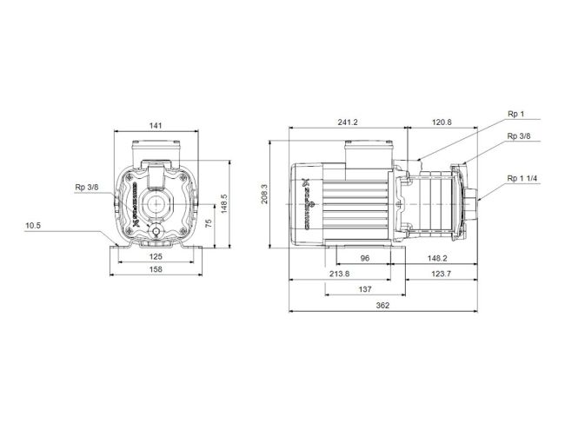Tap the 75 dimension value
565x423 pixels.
pyautogui.click(x=207, y=223)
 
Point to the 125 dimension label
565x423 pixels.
pyautogui.click(x=156, y=257)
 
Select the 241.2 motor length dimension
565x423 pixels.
pyautogui.click(x=347, y=123)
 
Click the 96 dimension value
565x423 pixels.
pyautogui.click(x=366, y=258)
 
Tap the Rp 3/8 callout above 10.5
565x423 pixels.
pyautogui.click(x=87, y=187)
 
